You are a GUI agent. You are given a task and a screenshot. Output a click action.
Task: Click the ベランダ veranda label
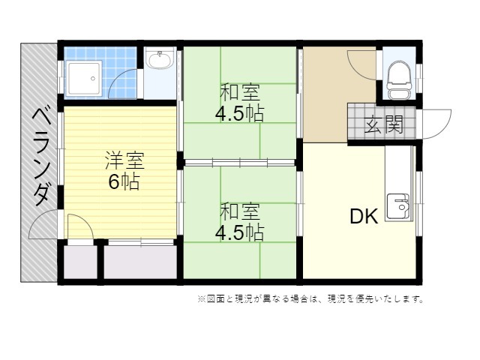click(x=40, y=157)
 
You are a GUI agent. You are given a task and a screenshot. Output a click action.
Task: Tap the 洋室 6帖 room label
click(x=124, y=170)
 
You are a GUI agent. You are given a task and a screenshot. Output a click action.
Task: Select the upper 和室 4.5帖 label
click(x=240, y=103)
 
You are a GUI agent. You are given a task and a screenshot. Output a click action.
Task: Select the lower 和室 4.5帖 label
click(x=240, y=222)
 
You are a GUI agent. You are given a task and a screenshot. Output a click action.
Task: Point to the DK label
click(x=364, y=216)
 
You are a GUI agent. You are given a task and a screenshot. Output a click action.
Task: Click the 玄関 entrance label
click(x=384, y=124)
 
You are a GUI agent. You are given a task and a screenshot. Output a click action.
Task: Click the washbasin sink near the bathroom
click(x=159, y=59)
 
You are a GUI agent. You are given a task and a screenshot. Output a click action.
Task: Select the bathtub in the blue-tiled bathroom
click(x=84, y=79)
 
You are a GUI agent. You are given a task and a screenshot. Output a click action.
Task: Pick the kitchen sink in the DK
click(x=398, y=207)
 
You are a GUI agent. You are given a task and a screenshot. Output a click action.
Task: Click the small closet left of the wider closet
click(x=80, y=262)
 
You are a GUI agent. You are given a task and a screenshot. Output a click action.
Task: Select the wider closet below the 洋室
click(x=140, y=262)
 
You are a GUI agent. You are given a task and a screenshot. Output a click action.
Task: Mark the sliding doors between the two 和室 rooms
click(x=240, y=162)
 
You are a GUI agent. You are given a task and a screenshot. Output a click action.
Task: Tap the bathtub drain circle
click(x=93, y=79)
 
